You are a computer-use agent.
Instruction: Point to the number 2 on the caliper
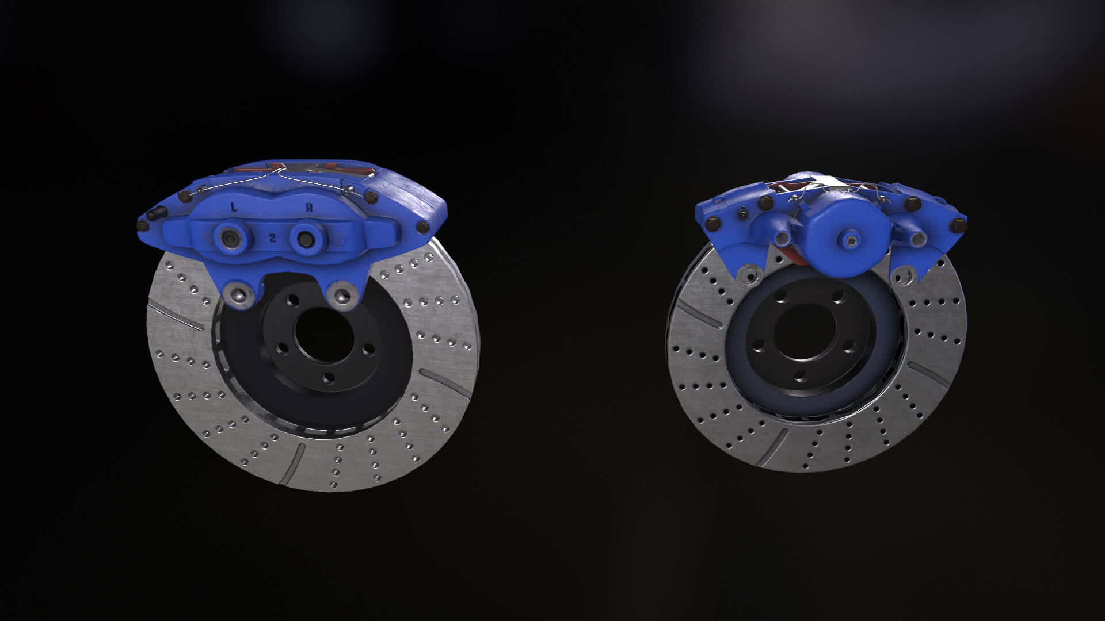pyautogui.click(x=272, y=237)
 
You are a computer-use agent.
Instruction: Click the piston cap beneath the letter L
pyautogui.click(x=228, y=237)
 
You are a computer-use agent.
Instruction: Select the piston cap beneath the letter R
pyautogui.click(x=303, y=236)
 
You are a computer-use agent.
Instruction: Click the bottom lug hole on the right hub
pyautogui.click(x=801, y=375)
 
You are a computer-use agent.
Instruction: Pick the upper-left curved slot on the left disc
pyautogui.click(x=176, y=316)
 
